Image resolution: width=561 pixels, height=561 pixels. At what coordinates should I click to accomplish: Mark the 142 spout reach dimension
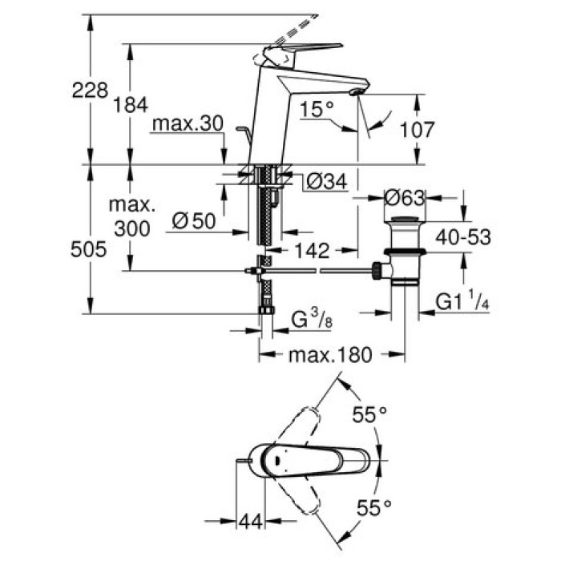pyautogui.click(x=310, y=251)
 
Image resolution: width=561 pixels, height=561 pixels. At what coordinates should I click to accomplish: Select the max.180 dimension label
pyautogui.click(x=331, y=354)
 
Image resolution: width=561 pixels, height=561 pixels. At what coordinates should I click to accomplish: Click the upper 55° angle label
pyautogui.click(x=371, y=414)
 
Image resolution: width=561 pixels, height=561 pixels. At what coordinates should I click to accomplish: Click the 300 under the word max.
pyautogui.click(x=131, y=228)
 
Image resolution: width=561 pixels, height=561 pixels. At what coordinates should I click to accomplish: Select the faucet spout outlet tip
pyautogui.click(x=357, y=95)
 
